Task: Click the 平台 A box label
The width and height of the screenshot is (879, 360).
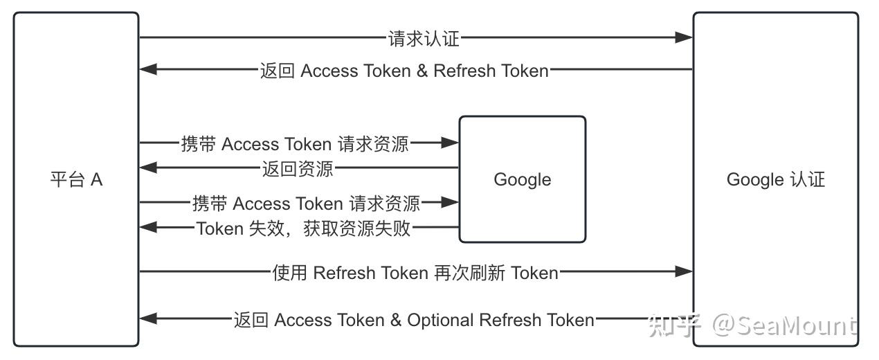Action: pyautogui.click(x=76, y=180)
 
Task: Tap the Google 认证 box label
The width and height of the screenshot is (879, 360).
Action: pyautogui.click(x=775, y=180)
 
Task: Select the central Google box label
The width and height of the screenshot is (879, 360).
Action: pyautogui.click(x=523, y=180)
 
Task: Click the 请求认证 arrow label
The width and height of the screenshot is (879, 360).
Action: pyautogui.click(x=424, y=39)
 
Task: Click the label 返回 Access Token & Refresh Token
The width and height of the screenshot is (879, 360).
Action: pyautogui.click(x=404, y=71)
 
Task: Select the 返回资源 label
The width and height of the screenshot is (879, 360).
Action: pyautogui.click(x=298, y=169)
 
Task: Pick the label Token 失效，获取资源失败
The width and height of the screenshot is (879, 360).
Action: pyautogui.click(x=303, y=228)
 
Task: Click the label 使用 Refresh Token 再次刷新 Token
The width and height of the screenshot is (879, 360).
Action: pyautogui.click(x=415, y=273)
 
